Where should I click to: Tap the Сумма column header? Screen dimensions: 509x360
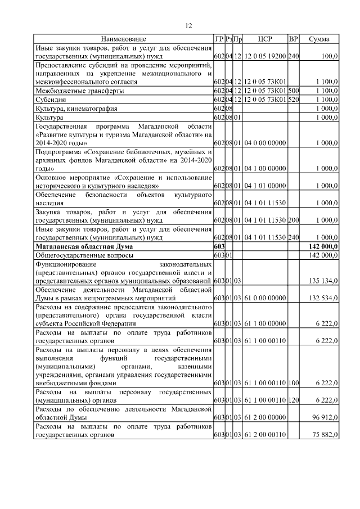319,39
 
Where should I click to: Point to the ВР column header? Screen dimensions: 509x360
293,39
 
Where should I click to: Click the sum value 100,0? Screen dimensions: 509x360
329,57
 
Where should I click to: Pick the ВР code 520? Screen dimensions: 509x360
293,99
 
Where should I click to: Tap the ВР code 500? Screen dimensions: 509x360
293,91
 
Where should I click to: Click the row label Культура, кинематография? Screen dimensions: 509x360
76,107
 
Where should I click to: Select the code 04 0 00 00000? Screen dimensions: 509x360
265,143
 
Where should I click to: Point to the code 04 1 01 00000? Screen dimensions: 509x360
265,185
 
